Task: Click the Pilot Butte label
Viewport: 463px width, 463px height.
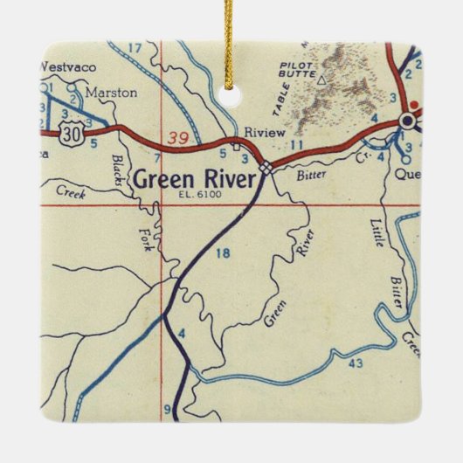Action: point(299,70)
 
